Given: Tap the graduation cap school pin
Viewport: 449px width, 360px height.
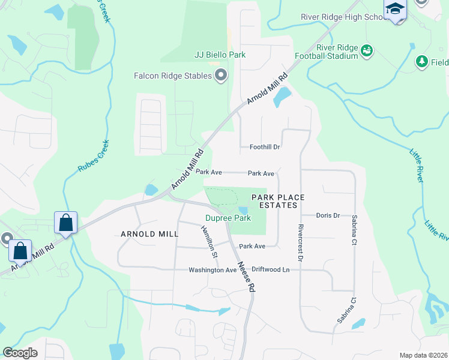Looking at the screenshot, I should point(395,10).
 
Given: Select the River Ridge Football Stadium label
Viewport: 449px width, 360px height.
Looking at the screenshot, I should point(337,52).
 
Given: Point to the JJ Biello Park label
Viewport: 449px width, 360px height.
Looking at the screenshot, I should point(220,55).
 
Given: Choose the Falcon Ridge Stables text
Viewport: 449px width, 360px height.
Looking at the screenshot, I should point(173,76).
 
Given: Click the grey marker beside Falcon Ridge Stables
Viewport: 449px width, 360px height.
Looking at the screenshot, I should point(221,76).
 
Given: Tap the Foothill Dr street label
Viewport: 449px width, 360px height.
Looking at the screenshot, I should point(265,147).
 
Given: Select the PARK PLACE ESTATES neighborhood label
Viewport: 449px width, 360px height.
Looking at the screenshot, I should point(278,201).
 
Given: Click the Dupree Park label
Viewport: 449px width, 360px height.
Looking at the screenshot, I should point(228,218).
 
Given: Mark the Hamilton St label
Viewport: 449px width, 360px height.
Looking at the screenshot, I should point(209,242).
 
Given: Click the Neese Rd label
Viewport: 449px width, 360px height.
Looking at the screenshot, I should point(246,277).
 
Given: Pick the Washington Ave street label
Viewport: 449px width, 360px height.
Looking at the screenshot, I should point(213,270).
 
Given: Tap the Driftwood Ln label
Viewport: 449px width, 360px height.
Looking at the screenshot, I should point(271,270).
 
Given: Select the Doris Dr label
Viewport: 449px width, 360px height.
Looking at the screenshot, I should point(328,215).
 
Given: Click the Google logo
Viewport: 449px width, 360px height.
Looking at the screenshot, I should point(20,353).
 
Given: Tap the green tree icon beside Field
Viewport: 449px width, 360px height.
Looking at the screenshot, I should point(422,61).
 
